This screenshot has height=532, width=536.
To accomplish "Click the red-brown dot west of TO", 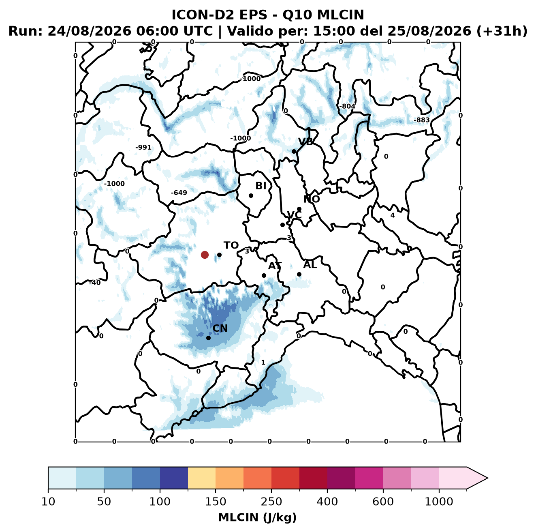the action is [205, 255].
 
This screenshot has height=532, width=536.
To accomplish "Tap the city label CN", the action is [220, 328].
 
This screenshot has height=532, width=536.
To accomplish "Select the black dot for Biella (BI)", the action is [251, 196].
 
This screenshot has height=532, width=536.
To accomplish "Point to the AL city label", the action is [310, 264].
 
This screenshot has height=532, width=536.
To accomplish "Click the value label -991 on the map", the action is [143, 147].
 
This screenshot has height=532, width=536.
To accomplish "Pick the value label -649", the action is [179, 193].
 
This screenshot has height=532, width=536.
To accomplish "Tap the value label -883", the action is [421, 120].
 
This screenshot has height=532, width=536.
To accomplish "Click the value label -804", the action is [347, 106].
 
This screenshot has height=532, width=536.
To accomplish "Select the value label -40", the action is [95, 283].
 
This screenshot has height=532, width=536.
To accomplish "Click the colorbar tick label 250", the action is [271, 502].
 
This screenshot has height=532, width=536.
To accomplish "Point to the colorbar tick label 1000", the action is [439, 502].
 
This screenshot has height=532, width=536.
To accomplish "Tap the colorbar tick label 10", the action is [48, 502].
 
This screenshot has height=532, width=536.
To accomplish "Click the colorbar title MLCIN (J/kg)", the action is [257, 517].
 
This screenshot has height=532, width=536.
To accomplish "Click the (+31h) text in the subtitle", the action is [502, 31].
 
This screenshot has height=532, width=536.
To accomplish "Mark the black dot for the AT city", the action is [264, 276].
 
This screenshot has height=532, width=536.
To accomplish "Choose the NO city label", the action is [312, 199].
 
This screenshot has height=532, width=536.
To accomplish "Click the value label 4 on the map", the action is [393, 215].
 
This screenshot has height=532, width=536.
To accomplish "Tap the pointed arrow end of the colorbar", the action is [487, 478].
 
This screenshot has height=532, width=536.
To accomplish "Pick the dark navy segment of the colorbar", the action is [174, 478].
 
